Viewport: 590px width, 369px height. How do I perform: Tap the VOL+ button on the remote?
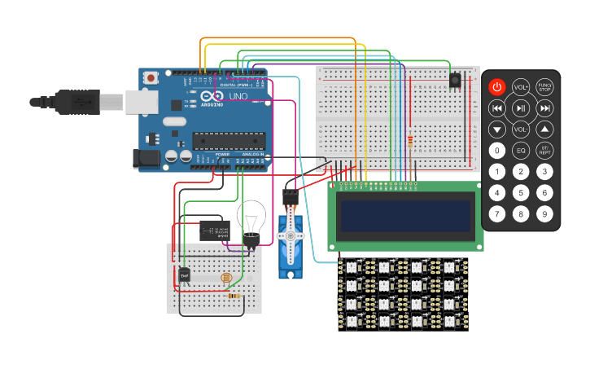coord(521,87)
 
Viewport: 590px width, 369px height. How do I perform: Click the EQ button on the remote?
coord(521,151)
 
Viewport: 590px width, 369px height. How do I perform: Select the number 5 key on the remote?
coord(521,193)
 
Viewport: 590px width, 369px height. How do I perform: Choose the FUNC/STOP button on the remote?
coord(544,87)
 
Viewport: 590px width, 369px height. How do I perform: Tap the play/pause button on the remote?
coord(521,108)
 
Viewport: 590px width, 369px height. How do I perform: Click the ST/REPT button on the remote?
coord(544,151)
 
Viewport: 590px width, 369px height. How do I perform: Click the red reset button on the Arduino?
coord(151,77)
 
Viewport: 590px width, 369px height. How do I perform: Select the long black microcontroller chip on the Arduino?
coord(229,141)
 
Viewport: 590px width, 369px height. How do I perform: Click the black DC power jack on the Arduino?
coord(146,158)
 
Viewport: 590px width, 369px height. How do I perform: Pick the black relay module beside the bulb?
coord(214,231)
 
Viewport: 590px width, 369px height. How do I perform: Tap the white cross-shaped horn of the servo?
coord(289,236)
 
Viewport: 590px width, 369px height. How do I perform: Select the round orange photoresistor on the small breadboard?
coord(225,279)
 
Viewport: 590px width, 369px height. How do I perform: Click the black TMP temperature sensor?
coord(185,275)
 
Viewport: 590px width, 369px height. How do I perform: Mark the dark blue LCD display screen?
coord(406,216)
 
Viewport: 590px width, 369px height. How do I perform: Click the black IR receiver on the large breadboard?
coord(454,79)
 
